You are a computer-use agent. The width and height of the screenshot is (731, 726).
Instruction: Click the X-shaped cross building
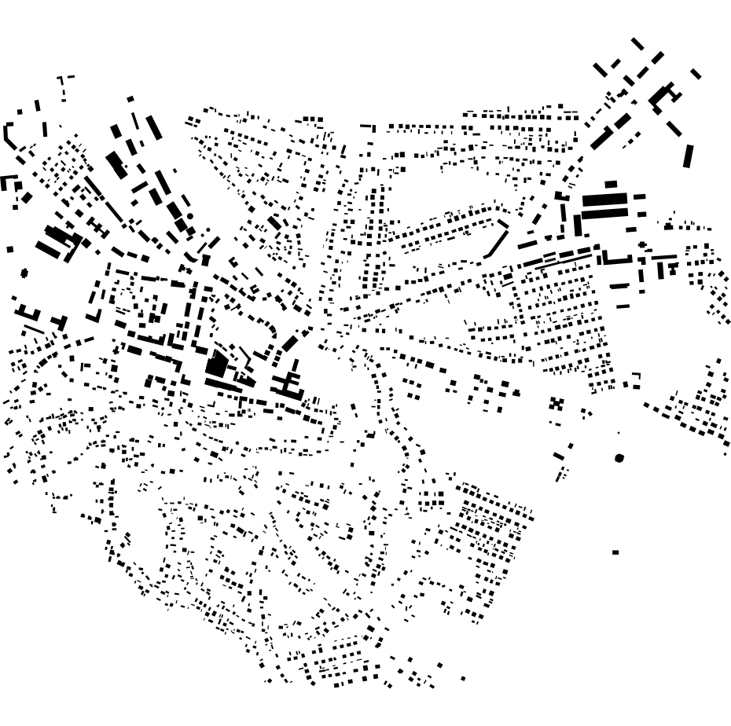557,404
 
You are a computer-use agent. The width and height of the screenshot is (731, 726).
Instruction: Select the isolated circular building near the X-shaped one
619,458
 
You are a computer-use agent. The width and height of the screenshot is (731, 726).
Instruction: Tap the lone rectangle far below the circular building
615,552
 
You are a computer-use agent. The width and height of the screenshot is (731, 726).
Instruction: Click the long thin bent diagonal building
497,240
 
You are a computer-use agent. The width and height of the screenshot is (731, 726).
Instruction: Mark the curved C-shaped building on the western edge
9,135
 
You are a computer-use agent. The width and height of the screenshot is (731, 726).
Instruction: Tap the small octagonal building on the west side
24,273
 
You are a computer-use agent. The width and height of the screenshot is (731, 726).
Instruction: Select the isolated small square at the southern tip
463,678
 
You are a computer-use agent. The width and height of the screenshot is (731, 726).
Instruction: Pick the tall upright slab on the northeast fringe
689,156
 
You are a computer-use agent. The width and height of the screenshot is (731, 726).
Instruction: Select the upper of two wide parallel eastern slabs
604,200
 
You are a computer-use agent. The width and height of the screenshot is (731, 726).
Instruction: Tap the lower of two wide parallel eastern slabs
604,213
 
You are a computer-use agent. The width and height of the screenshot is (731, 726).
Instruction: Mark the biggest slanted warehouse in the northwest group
116,165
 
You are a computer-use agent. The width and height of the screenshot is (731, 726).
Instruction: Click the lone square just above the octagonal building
10,250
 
